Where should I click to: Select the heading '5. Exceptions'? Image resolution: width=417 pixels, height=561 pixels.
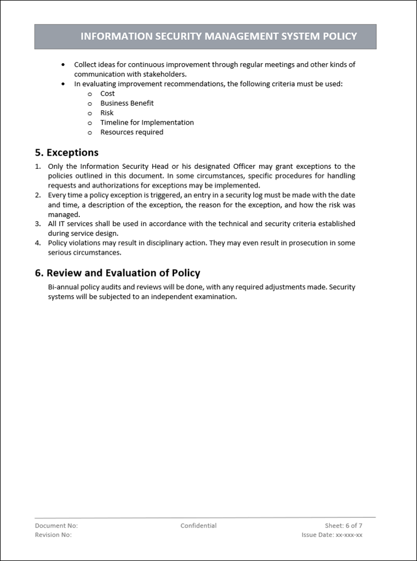67,153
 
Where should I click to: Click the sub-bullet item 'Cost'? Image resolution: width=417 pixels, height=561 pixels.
107,94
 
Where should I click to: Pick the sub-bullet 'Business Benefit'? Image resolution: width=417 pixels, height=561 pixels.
127,103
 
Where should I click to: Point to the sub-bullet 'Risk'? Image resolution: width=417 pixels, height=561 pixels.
107,113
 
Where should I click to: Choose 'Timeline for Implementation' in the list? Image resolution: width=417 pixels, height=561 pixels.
147,122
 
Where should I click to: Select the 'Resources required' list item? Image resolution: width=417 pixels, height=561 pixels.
132,132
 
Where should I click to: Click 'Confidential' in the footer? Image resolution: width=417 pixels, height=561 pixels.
198,525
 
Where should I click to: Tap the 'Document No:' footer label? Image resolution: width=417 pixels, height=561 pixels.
56,525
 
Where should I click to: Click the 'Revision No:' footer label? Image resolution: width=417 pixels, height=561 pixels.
53,535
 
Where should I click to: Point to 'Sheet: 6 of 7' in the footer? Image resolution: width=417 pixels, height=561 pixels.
343,525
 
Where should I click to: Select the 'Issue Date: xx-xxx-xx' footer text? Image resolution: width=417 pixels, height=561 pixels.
332,535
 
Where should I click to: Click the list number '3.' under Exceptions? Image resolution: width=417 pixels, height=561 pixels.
38,223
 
